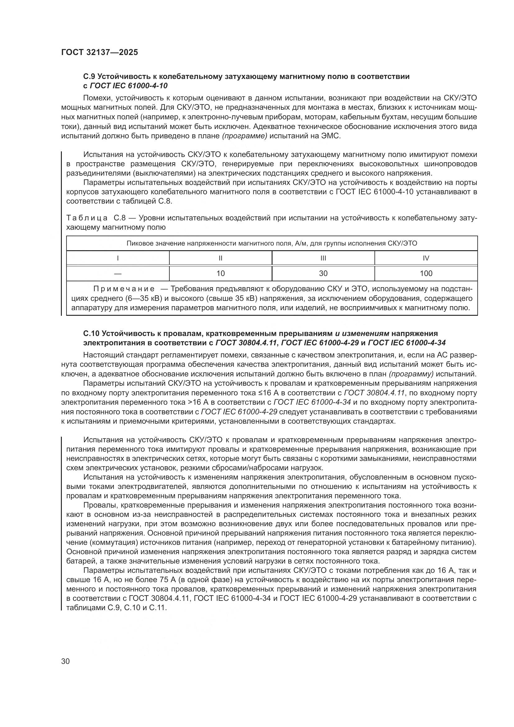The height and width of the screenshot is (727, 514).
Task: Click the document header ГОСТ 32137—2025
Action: tap(99, 53)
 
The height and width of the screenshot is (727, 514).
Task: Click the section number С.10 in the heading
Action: tap(91, 334)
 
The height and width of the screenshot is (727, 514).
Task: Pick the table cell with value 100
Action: tap(426, 273)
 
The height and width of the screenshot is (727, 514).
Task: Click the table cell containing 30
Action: tap(323, 273)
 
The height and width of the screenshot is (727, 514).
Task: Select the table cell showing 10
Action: tap(221, 273)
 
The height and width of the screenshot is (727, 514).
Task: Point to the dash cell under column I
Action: tap(118, 273)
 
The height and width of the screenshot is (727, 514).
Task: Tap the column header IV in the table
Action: tap(426, 258)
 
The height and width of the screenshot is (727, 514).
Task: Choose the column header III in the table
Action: tap(323, 258)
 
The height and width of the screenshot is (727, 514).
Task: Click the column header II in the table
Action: tap(221, 258)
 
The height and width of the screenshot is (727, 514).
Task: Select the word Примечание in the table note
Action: tap(124, 289)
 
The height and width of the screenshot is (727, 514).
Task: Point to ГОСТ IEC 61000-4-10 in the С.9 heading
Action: tap(129, 86)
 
